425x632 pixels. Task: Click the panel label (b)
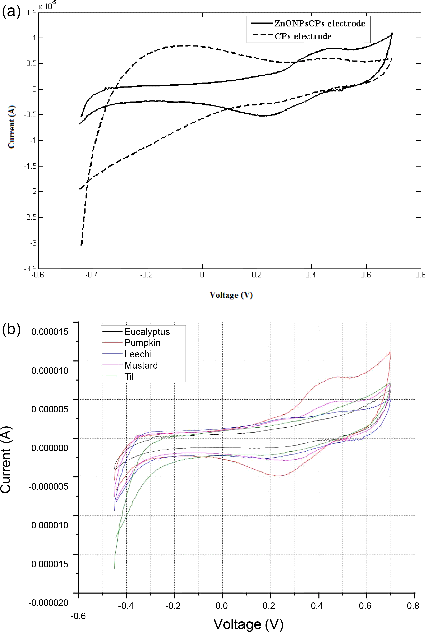click(11, 330)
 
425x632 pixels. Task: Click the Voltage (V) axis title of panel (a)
click(231, 295)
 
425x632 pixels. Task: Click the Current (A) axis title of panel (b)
click(6, 459)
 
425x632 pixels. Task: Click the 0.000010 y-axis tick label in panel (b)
click(50, 370)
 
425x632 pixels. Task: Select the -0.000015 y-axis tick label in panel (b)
click(48, 564)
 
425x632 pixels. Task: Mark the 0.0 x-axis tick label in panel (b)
click(221, 606)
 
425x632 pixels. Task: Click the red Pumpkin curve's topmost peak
click(390, 352)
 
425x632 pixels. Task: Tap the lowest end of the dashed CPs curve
click(81, 245)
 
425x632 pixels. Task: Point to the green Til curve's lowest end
click(114, 568)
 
